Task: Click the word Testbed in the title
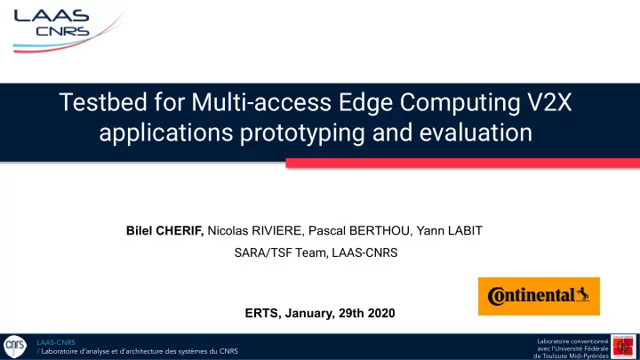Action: coord(103,102)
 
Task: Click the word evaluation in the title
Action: coord(476,132)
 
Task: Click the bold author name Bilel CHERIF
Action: coord(165,231)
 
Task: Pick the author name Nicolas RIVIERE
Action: coord(255,231)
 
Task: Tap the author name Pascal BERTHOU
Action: coord(360,231)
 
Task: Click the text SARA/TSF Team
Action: coord(281,253)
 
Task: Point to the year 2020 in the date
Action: coord(381,314)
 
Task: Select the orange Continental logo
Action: coord(539,296)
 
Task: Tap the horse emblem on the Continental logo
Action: coord(582,294)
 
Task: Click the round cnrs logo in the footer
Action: coord(15,347)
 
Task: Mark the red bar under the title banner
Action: coord(463,164)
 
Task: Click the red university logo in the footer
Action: coord(623,347)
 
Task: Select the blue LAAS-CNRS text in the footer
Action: coord(56,342)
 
